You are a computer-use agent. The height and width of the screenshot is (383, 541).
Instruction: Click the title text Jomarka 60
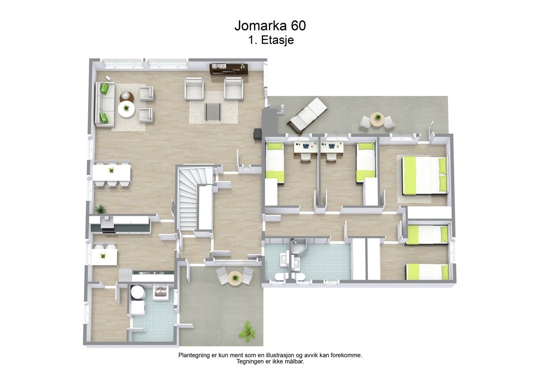[270, 26]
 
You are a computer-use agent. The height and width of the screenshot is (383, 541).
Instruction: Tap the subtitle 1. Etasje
[271, 40]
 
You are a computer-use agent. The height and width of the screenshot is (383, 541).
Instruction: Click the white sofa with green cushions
[105, 104]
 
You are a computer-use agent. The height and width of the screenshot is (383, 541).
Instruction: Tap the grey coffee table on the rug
[213, 112]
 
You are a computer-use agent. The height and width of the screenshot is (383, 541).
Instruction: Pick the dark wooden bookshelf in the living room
[229, 69]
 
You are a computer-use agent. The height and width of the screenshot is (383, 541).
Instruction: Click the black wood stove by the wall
[257, 134]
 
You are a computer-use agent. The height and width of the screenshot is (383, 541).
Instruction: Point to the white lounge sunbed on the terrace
[307, 115]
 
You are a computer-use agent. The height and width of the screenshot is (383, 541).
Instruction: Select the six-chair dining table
[112, 174]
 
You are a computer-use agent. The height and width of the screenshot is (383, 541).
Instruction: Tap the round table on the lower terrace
[235, 278]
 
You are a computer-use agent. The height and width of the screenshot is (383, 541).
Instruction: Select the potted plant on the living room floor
[100, 209]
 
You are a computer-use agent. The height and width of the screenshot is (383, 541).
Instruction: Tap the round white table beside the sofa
[126, 109]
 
